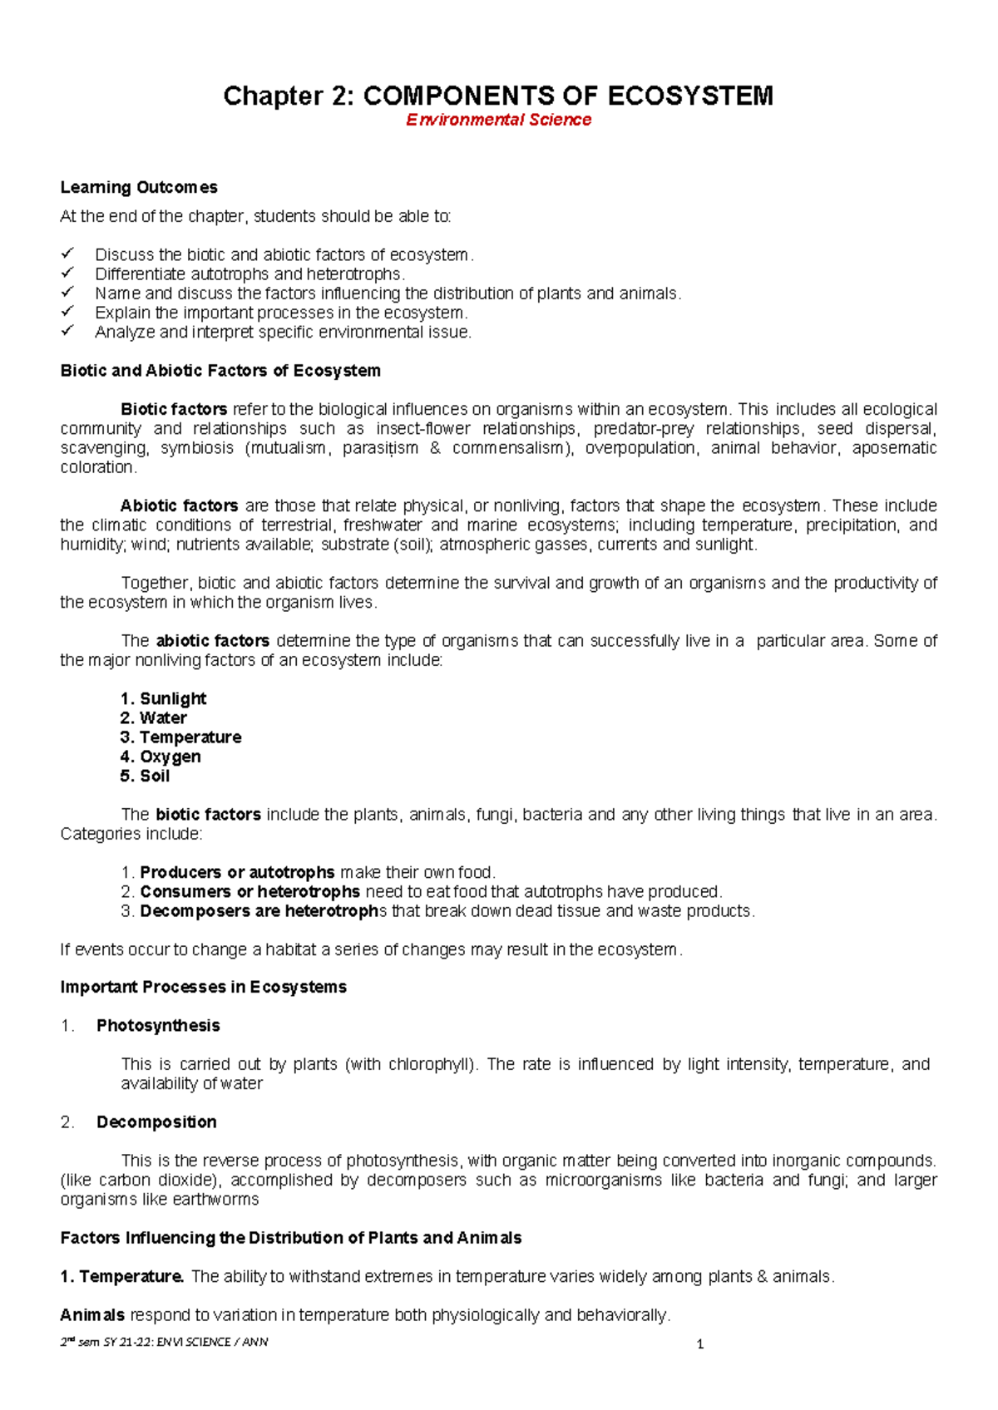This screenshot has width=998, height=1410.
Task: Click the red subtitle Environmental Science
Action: (498, 120)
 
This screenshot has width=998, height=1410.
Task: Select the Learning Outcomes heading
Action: (139, 187)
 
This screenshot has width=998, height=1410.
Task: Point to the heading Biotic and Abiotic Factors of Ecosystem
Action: (220, 371)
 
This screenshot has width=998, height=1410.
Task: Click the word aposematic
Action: (900, 448)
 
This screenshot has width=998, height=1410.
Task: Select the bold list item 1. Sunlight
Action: (164, 698)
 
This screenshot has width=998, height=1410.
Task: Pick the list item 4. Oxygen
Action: (161, 757)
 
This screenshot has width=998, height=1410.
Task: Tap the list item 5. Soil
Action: (146, 776)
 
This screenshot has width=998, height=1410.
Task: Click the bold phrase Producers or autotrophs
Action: (237, 872)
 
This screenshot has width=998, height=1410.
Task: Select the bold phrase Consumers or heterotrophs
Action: (249, 891)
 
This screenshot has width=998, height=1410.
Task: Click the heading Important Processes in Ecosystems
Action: (203, 987)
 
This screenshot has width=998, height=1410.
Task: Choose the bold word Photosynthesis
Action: (158, 1025)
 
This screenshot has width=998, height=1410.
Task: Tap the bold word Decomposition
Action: (156, 1122)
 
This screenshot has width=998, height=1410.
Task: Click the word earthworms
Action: (217, 1199)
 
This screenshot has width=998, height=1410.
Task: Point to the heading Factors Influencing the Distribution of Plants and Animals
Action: (290, 1238)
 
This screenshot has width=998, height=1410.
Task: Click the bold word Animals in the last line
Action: (92, 1315)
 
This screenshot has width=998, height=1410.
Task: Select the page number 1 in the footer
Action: (700, 1344)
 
